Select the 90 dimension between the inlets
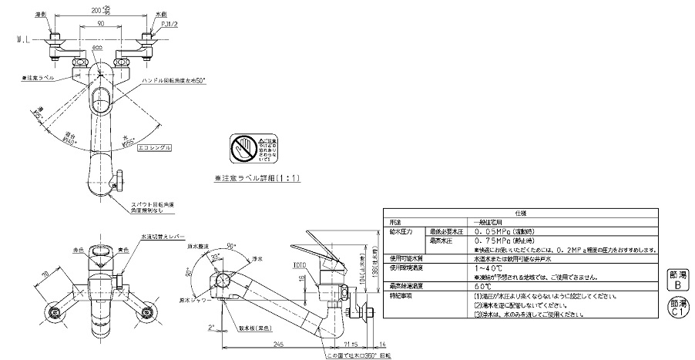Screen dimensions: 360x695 coord(101,25)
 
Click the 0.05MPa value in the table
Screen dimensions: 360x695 coord(502,231)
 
